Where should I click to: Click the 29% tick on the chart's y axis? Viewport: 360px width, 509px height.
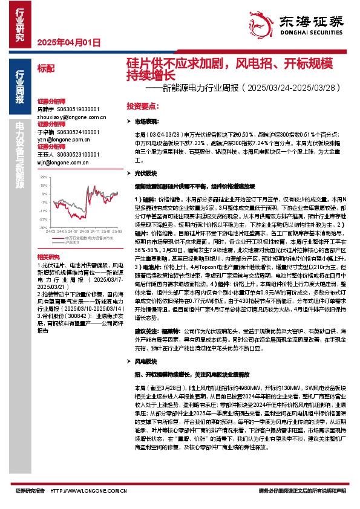(x=42, y=177)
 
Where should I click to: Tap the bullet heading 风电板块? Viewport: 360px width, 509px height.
(x=145, y=361)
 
